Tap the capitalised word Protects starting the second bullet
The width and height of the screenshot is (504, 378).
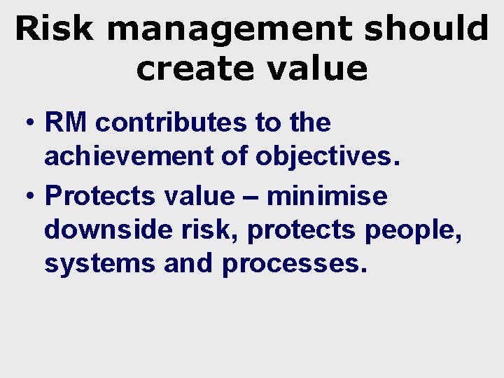(100, 196)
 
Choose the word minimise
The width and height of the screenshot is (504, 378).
(326, 195)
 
